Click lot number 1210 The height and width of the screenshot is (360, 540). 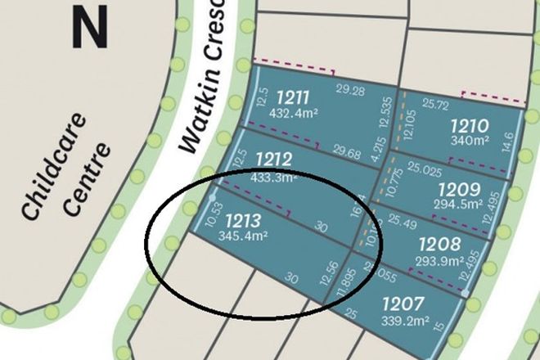pyautogui.click(x=470, y=126)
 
